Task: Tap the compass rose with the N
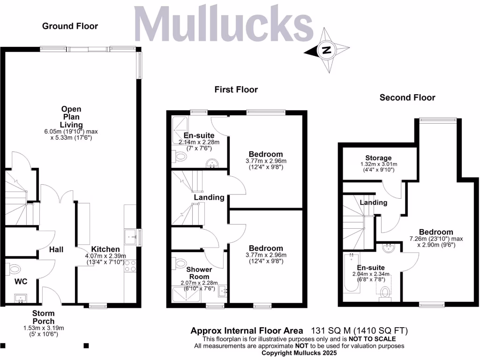[x=327, y=50]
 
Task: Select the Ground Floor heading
[x=70, y=26]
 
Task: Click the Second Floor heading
[x=407, y=97]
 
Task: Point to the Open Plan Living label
[x=71, y=117]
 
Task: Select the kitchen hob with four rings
[x=130, y=266]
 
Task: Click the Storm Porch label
[x=44, y=317]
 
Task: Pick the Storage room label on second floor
[x=378, y=158]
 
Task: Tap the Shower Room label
[x=199, y=273]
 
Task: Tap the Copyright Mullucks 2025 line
[x=300, y=352]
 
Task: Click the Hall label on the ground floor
[x=56, y=250]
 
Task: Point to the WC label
[x=21, y=282]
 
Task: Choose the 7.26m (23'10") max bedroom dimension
[x=436, y=239]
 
